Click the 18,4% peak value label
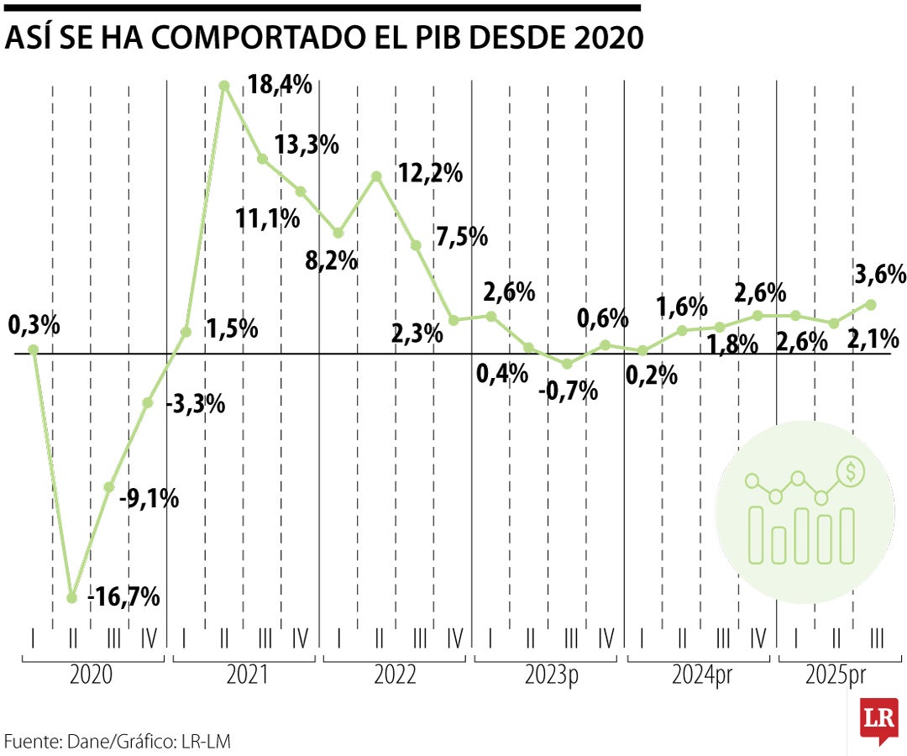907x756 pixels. tap(280, 85)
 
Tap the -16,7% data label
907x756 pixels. tap(126, 598)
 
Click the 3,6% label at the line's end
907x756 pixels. tap(880, 275)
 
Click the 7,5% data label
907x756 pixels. tap(462, 237)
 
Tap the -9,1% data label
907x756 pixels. tap(149, 499)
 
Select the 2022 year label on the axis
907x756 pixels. tap(395, 675)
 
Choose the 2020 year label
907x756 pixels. tap(93, 675)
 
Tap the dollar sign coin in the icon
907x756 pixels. tap(851, 473)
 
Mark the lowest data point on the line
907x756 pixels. tap(72, 598)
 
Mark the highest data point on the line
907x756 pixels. tap(224, 85)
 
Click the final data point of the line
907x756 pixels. tap(871, 304)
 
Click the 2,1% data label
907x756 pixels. tap(873, 340)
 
